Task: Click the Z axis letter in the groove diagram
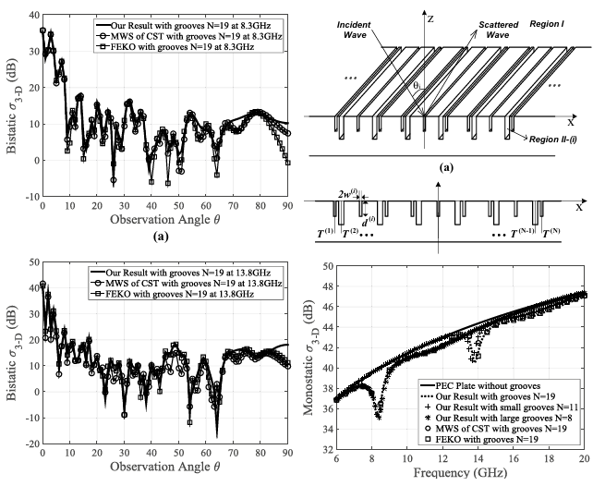coord(431,16)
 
